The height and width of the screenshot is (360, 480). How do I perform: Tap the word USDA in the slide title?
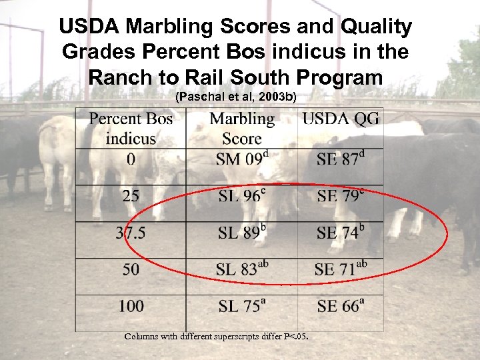(89, 27)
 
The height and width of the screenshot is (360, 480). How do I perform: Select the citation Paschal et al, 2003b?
(235, 97)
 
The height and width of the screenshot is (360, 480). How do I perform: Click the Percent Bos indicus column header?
(131, 129)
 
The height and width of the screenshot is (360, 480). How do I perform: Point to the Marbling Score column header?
(241, 129)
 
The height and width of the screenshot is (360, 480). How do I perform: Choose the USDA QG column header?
(341, 119)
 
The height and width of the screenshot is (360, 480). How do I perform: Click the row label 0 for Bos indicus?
(131, 159)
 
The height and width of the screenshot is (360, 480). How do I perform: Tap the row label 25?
(131, 196)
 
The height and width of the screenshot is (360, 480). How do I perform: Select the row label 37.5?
(131, 233)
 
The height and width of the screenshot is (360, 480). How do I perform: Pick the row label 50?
(131, 270)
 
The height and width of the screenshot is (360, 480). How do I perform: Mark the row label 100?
(131, 306)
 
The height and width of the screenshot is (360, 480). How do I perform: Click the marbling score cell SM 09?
(241, 159)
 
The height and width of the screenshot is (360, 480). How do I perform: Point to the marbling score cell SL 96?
(241, 196)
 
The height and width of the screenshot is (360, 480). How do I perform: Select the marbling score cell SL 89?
(242, 233)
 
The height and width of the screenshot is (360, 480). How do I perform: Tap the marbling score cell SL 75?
(241, 306)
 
